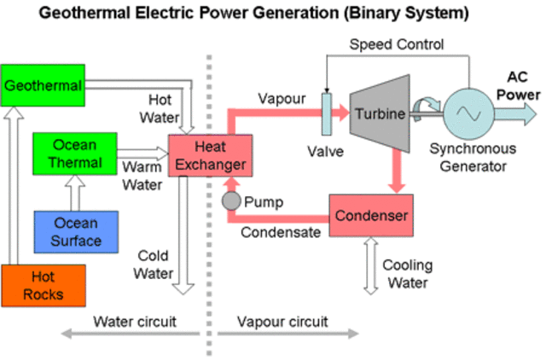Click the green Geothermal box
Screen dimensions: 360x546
click(43, 84)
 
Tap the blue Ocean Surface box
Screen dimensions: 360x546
click(77, 231)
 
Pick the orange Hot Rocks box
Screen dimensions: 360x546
click(44, 286)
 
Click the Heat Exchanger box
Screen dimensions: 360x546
click(208, 154)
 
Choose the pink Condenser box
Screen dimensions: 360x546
click(371, 215)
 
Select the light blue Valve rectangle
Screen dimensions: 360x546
click(326, 113)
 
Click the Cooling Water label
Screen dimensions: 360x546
click(406, 274)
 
